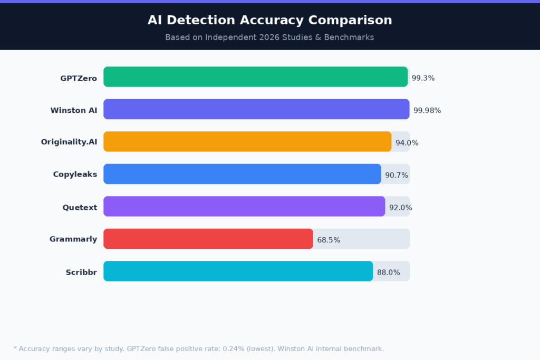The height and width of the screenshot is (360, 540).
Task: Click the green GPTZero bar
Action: click(256, 77)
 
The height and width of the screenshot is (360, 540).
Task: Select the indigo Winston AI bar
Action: click(256, 109)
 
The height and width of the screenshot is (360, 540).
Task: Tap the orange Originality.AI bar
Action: click(247, 142)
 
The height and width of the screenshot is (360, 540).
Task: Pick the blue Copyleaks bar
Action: click(242, 174)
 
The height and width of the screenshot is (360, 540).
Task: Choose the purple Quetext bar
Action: click(244, 207)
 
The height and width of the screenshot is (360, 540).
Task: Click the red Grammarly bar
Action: click(208, 239)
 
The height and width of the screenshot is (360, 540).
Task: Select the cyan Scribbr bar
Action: click(238, 271)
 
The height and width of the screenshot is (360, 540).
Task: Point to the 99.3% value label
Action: click(423, 78)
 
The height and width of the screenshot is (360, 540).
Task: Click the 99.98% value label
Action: click(427, 111)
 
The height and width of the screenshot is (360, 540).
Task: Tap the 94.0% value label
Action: click(407, 143)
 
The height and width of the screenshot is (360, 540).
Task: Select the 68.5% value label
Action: click(329, 240)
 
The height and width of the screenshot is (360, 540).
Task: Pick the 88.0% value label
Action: click(388, 273)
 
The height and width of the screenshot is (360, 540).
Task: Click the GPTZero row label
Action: click(79, 79)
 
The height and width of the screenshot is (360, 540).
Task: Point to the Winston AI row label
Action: click(74, 111)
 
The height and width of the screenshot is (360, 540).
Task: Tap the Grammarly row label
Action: click(73, 239)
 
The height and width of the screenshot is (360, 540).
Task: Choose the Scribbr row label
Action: click(81, 273)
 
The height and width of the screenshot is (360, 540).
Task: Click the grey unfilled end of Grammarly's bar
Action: click(361, 239)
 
